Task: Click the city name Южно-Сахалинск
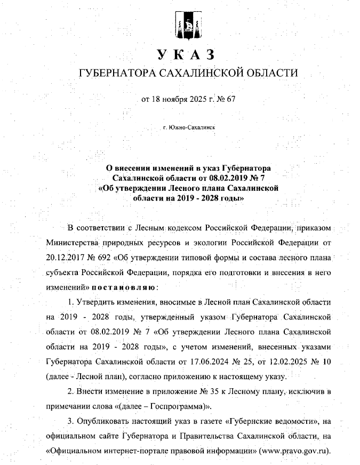[x=191, y=128]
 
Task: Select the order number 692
[x=118, y=259]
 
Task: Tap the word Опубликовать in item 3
[x=105, y=421]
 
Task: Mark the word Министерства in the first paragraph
[x=72, y=244]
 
